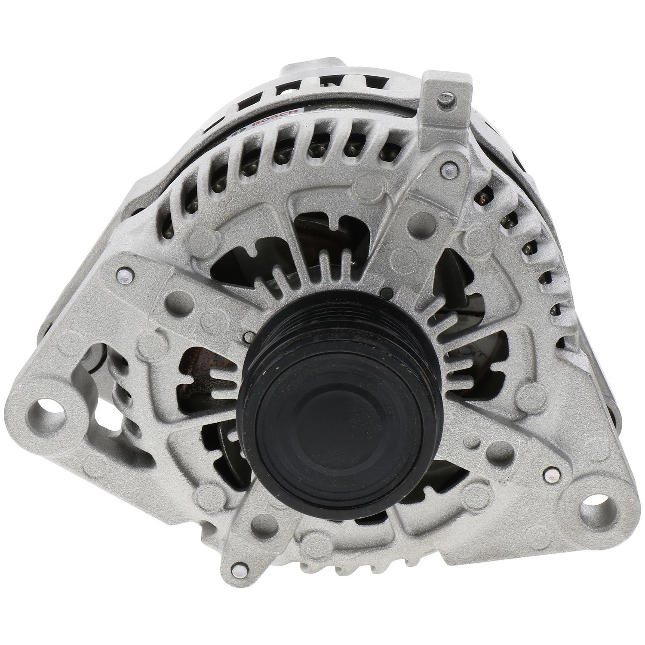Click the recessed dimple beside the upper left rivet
pyautogui.click(x=174, y=297)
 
